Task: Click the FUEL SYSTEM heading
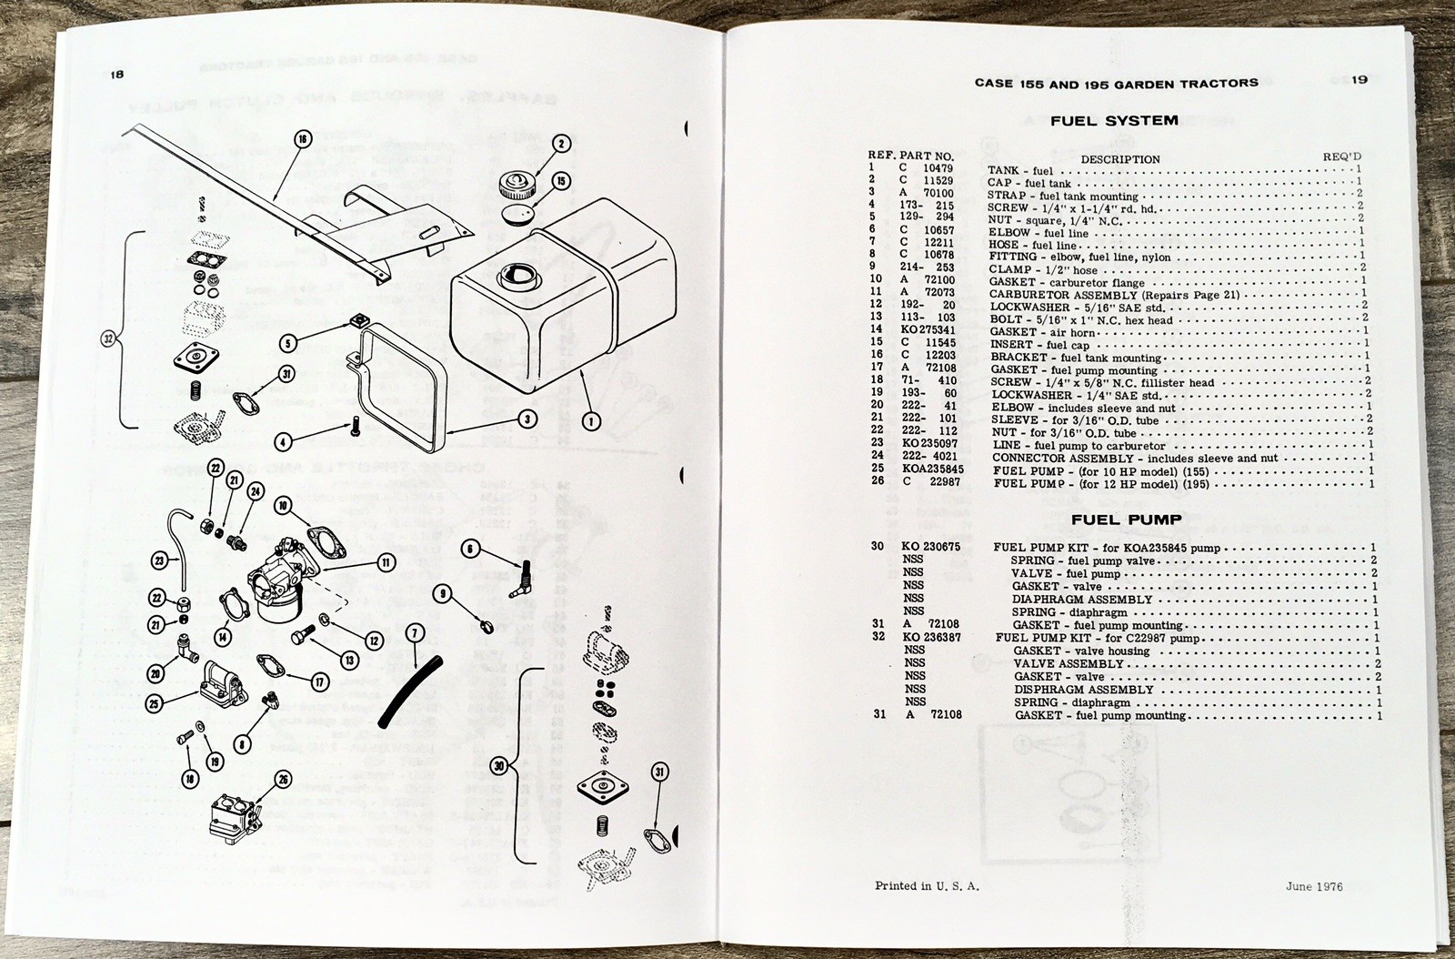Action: point(1114,120)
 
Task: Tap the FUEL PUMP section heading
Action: point(1126,520)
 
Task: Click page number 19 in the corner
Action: point(1359,80)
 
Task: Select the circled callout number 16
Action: point(303,139)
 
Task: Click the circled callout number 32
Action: point(109,340)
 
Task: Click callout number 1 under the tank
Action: point(590,420)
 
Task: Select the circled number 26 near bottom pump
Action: point(283,780)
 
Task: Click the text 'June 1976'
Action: point(1314,886)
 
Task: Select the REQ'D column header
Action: point(1341,156)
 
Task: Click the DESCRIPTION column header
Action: point(1120,159)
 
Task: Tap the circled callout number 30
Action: point(497,766)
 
